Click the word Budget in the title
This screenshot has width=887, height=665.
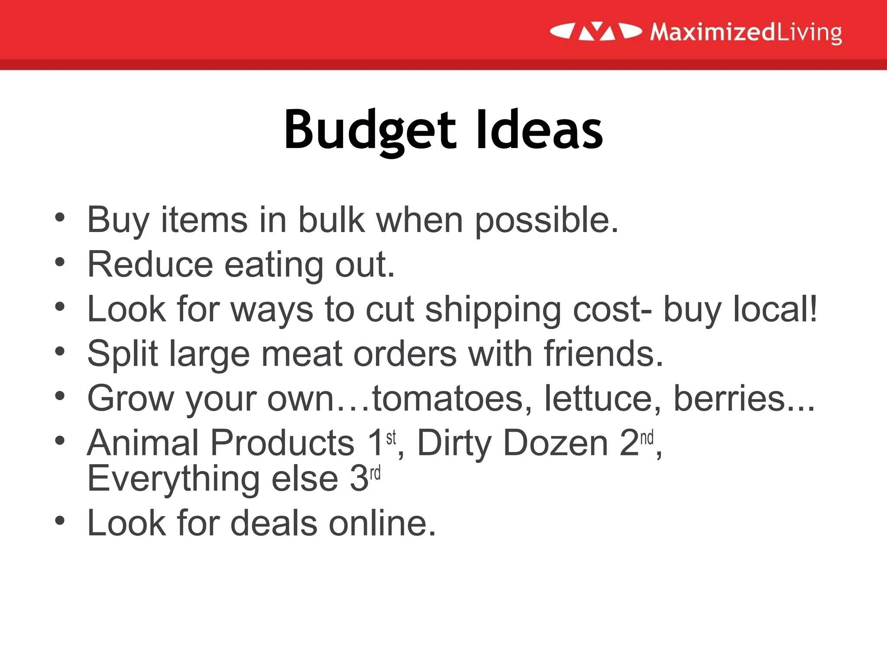pos(369,130)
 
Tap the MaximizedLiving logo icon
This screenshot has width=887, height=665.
pos(596,32)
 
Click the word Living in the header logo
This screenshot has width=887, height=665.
pos(809,32)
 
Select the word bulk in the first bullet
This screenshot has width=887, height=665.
pos(331,220)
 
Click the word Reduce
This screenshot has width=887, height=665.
pos(150,265)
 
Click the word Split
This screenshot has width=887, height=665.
pos(123,354)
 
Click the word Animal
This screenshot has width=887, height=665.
pos(143,443)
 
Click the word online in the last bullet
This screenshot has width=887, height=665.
pos(382,523)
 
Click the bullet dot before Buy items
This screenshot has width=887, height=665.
pos(60,217)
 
